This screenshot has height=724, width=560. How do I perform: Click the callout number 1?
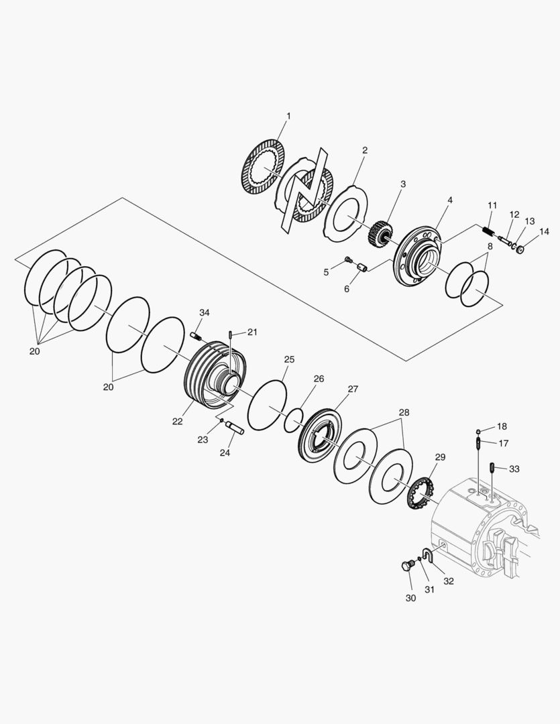pos(288,116)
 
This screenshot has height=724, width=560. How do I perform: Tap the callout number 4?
pos(450,200)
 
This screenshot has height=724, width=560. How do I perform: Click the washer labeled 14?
pos(520,250)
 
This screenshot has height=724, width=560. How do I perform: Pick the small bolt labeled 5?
pos(348,259)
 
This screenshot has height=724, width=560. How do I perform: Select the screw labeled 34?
pos(197,335)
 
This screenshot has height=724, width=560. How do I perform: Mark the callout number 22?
pos(177,422)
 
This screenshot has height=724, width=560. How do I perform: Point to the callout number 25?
pos(289,360)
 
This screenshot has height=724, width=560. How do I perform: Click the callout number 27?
pos(353,388)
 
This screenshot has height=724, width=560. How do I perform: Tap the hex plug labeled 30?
pos(406,566)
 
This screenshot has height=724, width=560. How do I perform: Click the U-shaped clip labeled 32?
pos(432,554)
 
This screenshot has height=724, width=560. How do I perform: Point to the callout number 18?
pos(502,426)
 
